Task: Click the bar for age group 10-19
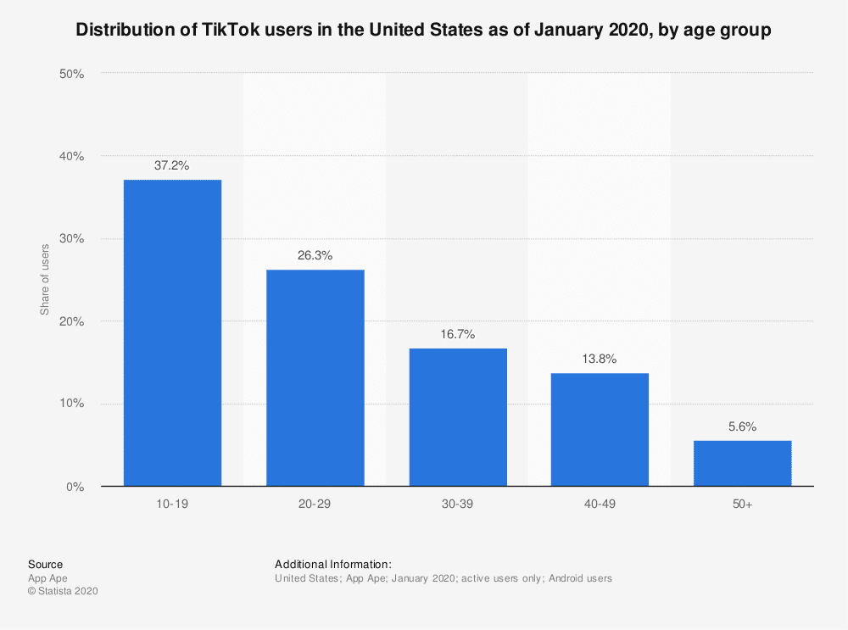(x=172, y=333)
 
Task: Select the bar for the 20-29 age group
(x=315, y=378)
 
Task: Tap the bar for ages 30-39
(x=458, y=417)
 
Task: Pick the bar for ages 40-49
(x=600, y=430)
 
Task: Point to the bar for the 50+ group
(x=742, y=463)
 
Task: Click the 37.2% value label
(x=172, y=166)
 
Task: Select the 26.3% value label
(x=315, y=255)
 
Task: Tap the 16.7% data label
(x=458, y=335)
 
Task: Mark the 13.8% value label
(x=600, y=359)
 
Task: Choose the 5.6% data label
(x=742, y=427)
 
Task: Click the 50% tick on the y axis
(x=71, y=74)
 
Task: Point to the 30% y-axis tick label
(x=71, y=239)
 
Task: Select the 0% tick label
(x=75, y=487)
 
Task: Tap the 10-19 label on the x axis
(x=172, y=505)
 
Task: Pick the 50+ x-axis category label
(x=742, y=505)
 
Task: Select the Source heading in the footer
(x=45, y=564)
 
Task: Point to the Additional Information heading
(x=333, y=564)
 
